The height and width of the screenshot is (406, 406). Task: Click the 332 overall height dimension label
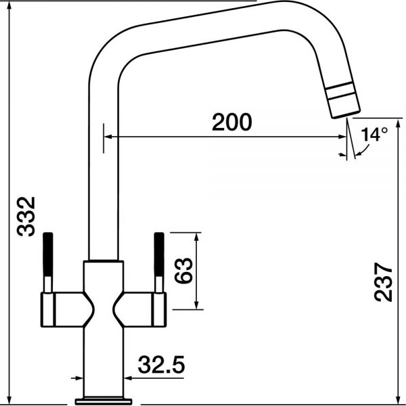[26, 217]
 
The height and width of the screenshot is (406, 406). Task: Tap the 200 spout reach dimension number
[231, 122]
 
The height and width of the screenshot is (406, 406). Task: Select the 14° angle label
[374, 134]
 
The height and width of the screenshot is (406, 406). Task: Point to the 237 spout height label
[383, 282]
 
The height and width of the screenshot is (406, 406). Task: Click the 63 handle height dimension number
[183, 270]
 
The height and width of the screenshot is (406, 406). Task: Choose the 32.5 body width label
[161, 365]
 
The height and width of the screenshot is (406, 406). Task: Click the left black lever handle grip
[48, 254]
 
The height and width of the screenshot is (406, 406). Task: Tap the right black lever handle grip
[159, 254]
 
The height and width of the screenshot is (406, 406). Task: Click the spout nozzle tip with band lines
[342, 99]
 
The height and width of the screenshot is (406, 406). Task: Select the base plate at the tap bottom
[104, 401]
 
